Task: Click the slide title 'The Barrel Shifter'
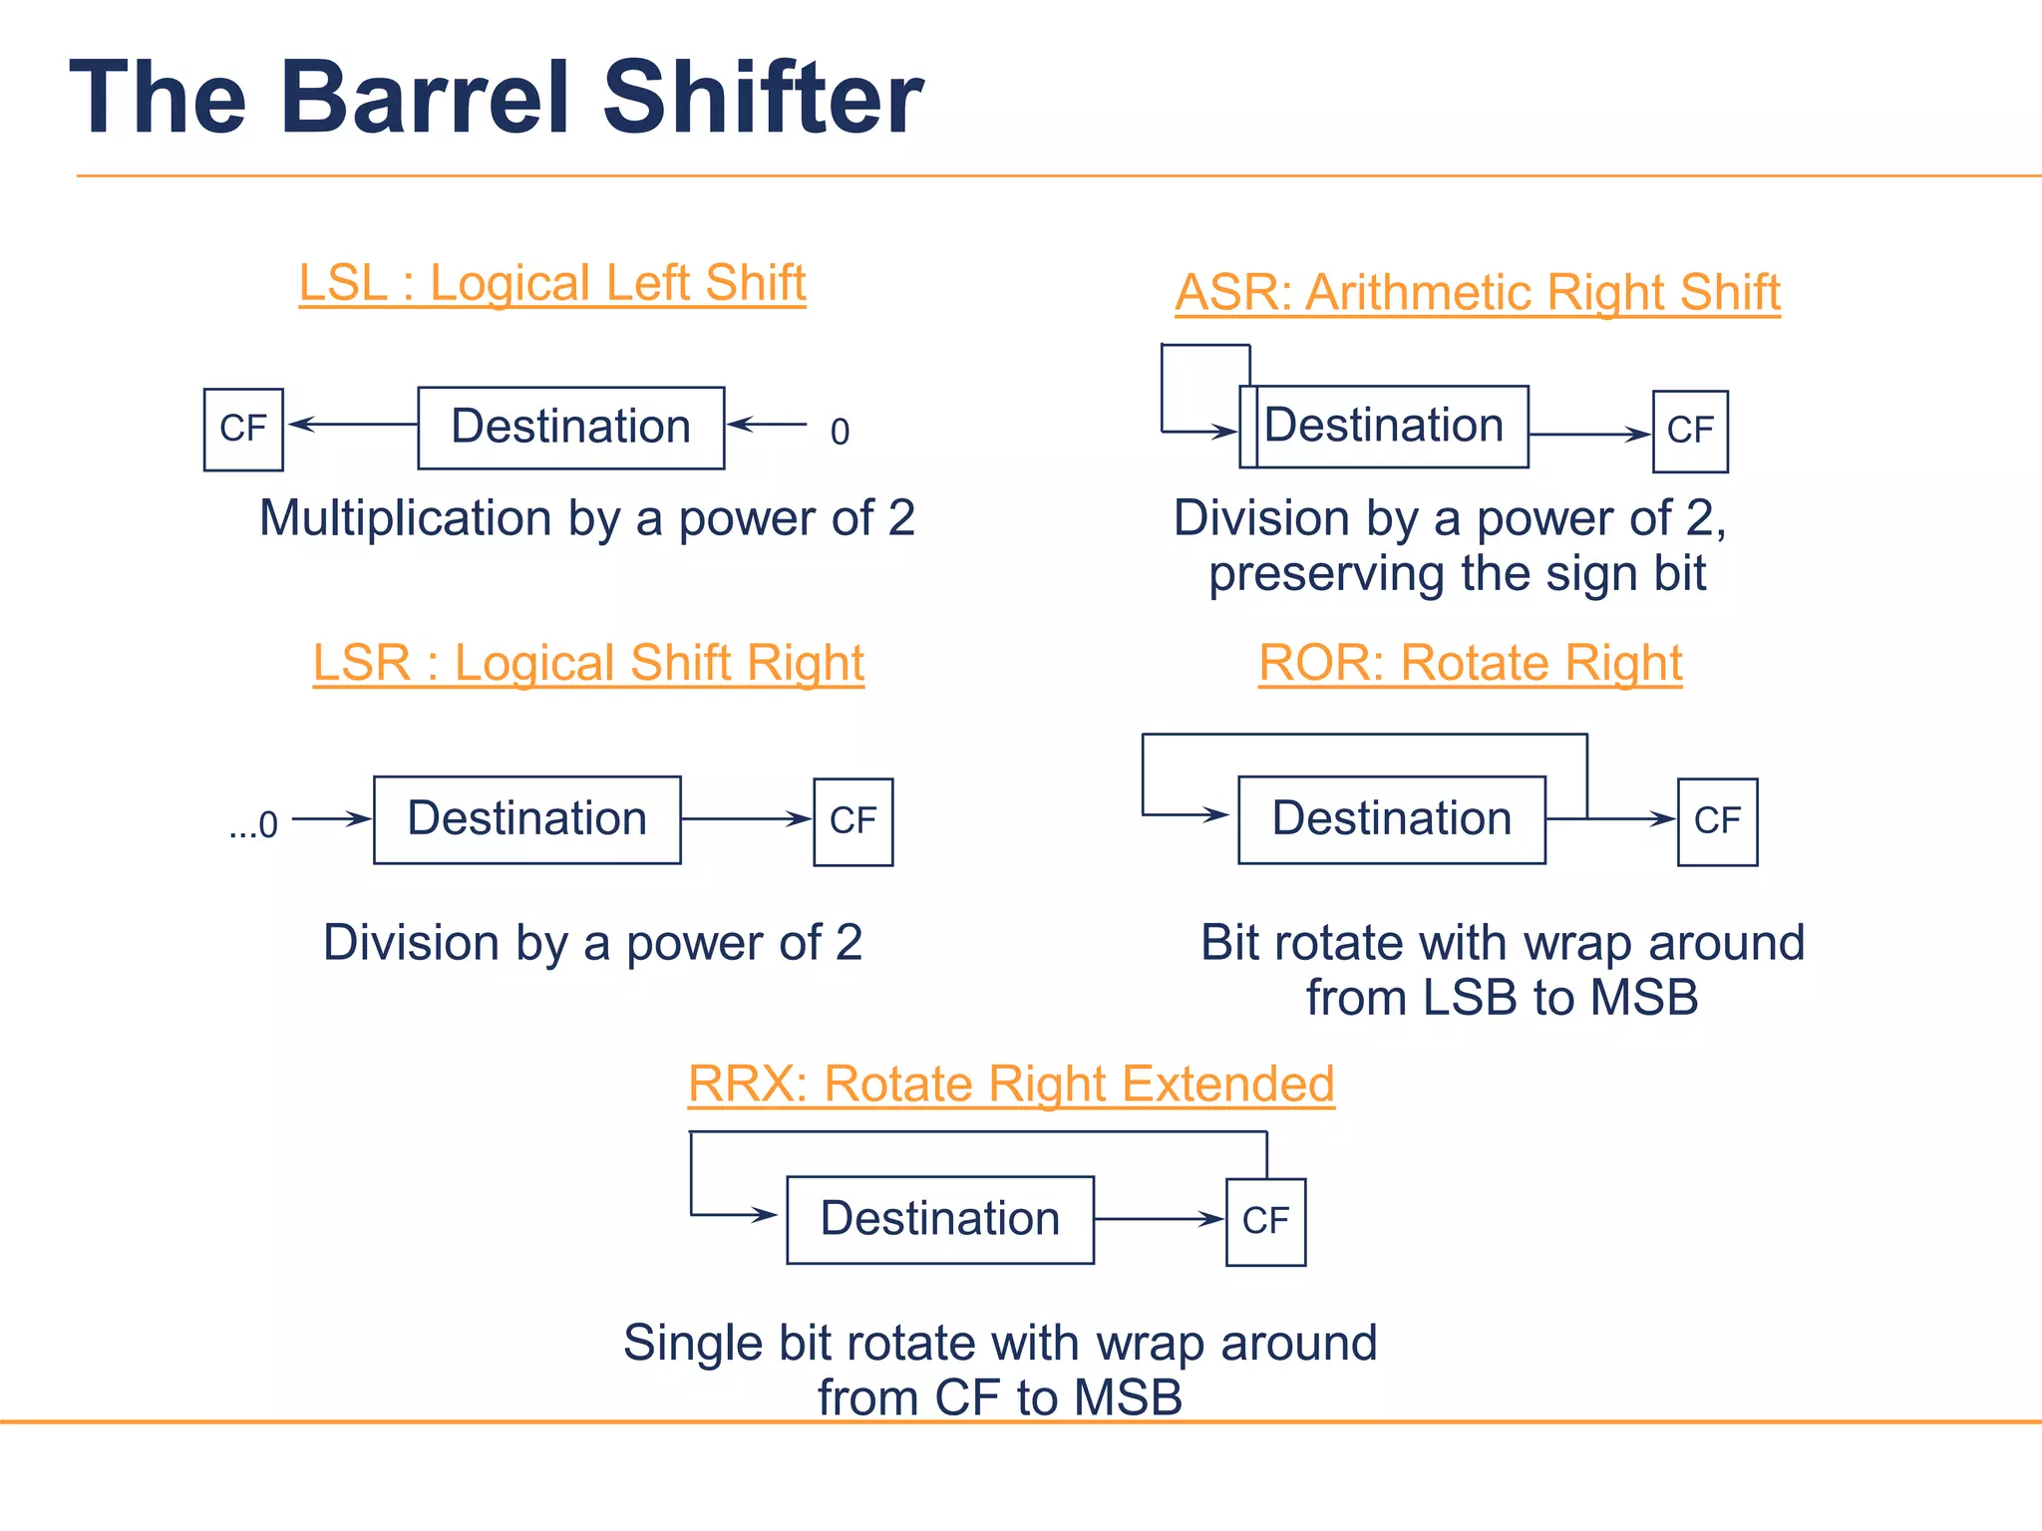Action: (x=496, y=97)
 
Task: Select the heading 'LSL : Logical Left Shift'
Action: (x=552, y=283)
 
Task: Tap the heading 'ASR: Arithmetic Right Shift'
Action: (x=1477, y=292)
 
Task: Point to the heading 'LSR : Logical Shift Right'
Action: (x=588, y=663)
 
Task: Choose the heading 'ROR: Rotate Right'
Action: (x=1470, y=663)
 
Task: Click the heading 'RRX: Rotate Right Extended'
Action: (x=1011, y=1083)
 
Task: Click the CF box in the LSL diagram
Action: (x=243, y=429)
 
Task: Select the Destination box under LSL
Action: (x=570, y=428)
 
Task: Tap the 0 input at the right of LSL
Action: (x=840, y=432)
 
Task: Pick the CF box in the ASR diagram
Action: (x=1690, y=431)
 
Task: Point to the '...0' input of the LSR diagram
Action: (x=253, y=825)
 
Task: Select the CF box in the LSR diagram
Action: (x=852, y=821)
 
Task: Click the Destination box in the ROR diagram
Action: (x=1392, y=819)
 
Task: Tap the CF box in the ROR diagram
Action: (x=1717, y=821)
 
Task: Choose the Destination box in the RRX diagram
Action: (x=940, y=1219)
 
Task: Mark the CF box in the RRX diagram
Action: (x=1265, y=1221)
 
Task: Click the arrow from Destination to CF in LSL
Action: (x=353, y=425)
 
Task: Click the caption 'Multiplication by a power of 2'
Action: (x=587, y=518)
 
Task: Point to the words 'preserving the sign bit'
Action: (x=1457, y=574)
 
